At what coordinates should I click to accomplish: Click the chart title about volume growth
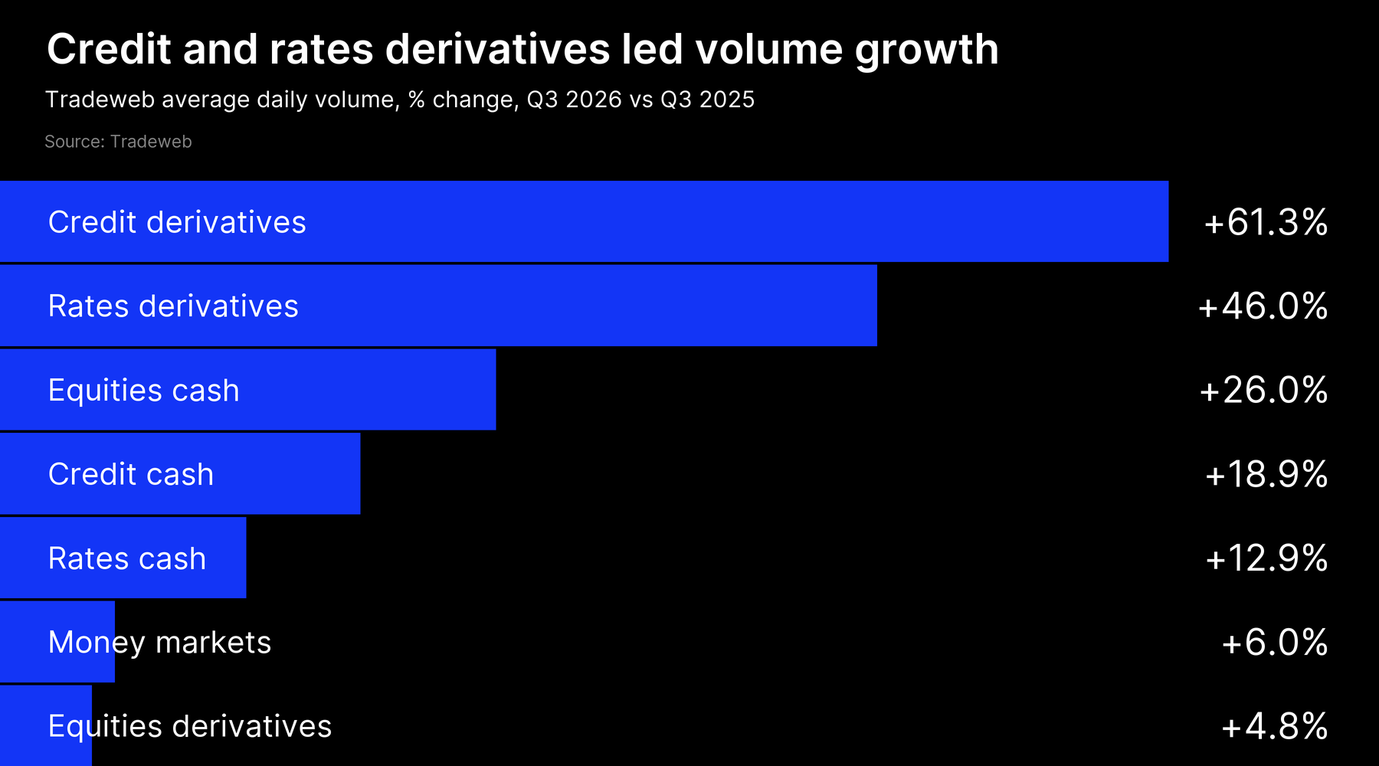(x=522, y=51)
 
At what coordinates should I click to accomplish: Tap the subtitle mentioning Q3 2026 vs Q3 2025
(x=400, y=100)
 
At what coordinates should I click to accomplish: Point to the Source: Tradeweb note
(x=118, y=142)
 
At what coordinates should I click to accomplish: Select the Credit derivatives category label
(x=177, y=222)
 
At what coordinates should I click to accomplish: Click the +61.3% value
(x=1266, y=222)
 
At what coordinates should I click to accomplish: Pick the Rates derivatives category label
(x=173, y=306)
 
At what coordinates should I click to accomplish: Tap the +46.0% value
(x=1263, y=306)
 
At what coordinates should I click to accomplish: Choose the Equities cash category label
(x=144, y=391)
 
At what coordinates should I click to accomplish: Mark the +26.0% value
(x=1263, y=390)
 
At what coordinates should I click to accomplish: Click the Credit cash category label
(x=131, y=474)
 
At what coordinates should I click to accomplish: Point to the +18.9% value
(x=1266, y=474)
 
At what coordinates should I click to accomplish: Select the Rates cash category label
(x=127, y=558)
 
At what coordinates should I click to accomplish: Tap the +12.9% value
(x=1266, y=558)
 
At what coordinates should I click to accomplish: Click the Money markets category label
(x=160, y=643)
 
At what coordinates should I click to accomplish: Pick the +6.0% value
(x=1275, y=642)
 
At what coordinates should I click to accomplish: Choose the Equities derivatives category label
(x=190, y=726)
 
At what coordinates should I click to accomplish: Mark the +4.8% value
(x=1275, y=726)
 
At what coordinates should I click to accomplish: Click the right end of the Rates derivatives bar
(x=876, y=306)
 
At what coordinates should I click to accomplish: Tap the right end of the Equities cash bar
(x=496, y=390)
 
